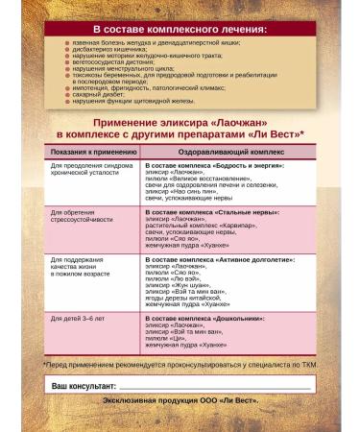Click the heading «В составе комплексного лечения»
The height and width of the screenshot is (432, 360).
click(x=180, y=30)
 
